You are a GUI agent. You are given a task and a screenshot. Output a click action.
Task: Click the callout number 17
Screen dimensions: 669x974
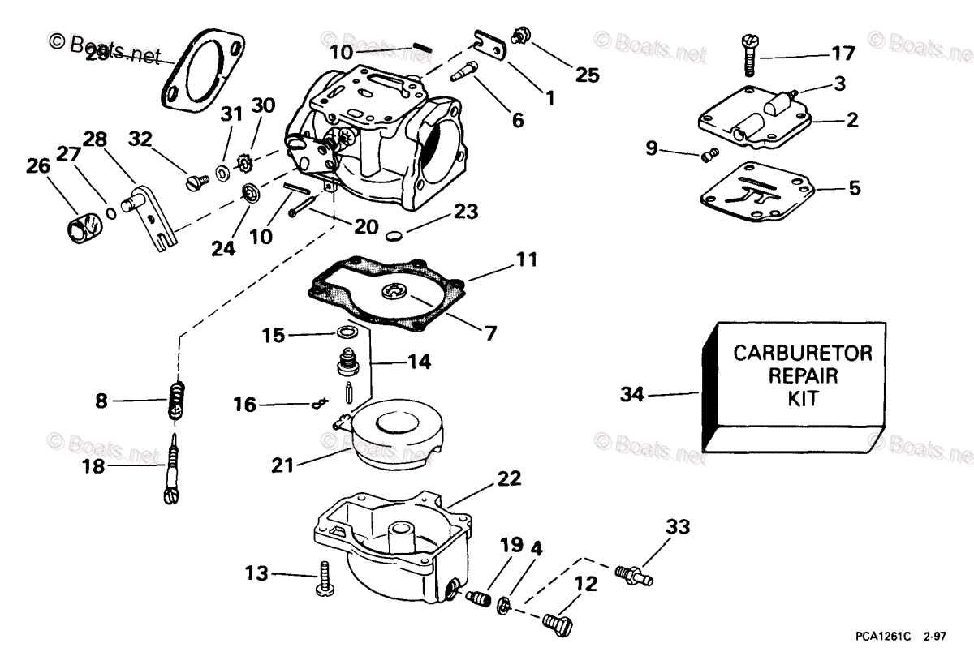[x=843, y=54]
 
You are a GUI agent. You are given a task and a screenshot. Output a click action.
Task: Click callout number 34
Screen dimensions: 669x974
[x=632, y=395]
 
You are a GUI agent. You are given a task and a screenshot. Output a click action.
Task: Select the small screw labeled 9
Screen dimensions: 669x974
[x=709, y=152]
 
